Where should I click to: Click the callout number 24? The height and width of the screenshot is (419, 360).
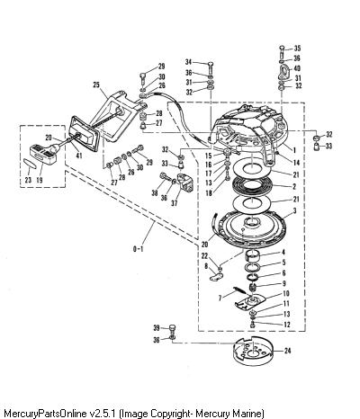pos(287,351)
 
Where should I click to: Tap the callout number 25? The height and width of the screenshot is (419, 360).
pos(96,85)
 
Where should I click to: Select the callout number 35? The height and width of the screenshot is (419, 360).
pos(297,49)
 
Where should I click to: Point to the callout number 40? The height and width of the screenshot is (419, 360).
pos(297,68)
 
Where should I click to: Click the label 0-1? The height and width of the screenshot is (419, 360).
pos(138,249)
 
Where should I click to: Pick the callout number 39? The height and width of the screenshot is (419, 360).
pos(157,328)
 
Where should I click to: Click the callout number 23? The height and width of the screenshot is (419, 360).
pos(28,180)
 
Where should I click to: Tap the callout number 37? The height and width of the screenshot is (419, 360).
pos(175,203)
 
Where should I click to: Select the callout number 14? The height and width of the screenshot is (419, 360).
pos(296,163)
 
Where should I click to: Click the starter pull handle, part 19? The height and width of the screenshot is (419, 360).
pos(43,154)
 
